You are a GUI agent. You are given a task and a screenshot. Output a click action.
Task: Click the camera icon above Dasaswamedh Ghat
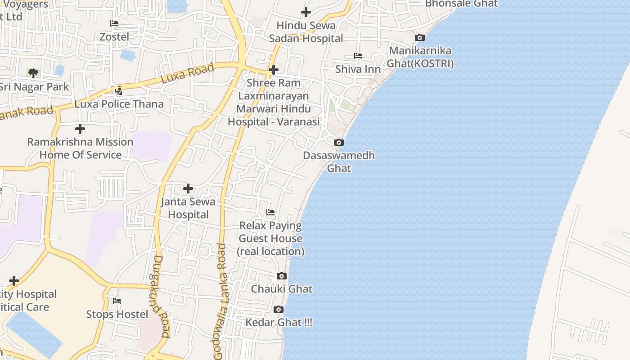(x=339, y=143)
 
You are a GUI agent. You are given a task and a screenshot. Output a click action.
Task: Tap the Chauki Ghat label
(x=282, y=289)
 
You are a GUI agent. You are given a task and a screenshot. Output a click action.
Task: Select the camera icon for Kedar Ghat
(x=279, y=310)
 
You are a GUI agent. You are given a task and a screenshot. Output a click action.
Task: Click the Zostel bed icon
(x=114, y=23)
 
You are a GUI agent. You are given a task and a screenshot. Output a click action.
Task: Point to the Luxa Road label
(x=187, y=73)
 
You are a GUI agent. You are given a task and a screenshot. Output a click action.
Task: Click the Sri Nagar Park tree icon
(x=33, y=73)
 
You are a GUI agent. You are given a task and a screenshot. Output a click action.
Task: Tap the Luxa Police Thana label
(x=119, y=104)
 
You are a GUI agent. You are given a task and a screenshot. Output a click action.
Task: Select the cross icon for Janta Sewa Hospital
(x=188, y=189)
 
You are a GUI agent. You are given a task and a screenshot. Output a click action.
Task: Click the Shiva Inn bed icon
(x=358, y=56)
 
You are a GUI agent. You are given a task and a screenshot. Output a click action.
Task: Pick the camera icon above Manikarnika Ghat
(x=420, y=38)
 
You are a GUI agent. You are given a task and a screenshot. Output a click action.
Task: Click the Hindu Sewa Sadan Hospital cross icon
(x=306, y=12)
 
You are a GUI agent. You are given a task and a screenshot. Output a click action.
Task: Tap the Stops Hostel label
(x=117, y=314)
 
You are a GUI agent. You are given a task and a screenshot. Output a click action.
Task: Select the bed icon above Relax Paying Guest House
(x=270, y=212)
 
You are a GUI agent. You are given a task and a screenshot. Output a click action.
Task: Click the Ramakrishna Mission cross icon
(x=80, y=129)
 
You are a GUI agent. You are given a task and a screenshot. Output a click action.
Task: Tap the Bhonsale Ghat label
(x=461, y=4)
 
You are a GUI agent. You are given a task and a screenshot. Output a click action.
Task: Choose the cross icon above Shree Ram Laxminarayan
(x=273, y=70)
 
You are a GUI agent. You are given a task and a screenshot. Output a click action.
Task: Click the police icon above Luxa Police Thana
(x=119, y=91)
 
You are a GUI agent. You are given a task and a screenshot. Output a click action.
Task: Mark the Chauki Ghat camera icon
(x=282, y=276)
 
